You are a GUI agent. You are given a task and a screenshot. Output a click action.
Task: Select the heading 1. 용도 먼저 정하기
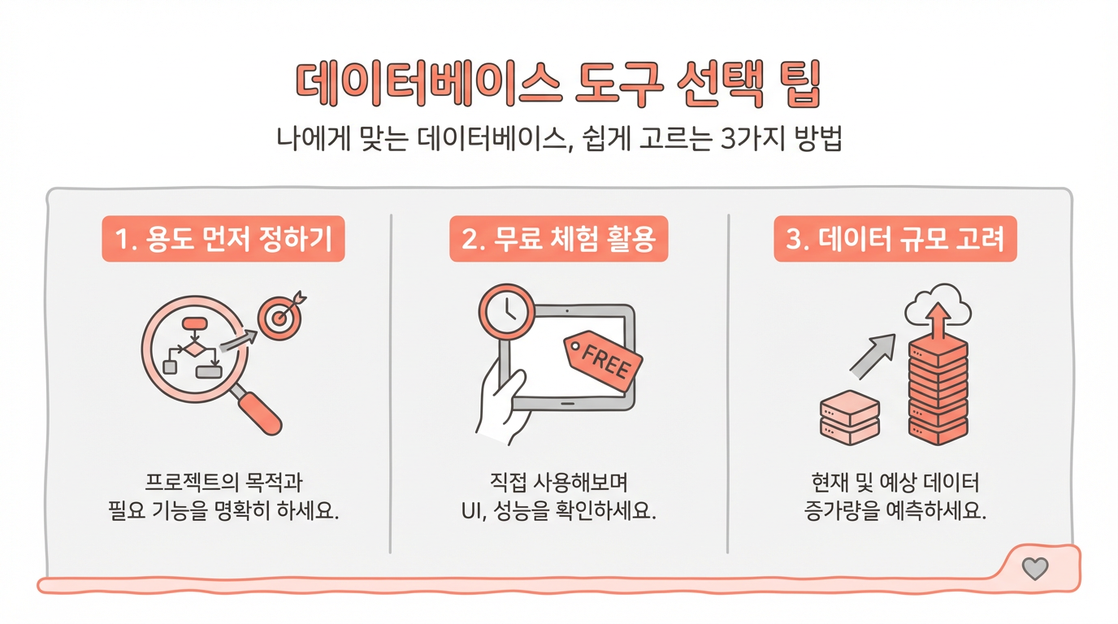[223, 239]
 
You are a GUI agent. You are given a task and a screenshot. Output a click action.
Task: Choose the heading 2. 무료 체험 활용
[558, 239]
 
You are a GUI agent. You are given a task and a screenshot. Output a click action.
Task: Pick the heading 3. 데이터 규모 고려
[895, 239]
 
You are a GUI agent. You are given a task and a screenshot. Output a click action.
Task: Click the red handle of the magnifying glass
[259, 413]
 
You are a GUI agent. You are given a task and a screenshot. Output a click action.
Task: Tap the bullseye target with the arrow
[281, 315]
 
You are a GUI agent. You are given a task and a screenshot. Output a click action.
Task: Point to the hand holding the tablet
[501, 405]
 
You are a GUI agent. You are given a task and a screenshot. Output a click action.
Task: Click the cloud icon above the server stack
[938, 305]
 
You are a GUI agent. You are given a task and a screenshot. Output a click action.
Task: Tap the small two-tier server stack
[850, 418]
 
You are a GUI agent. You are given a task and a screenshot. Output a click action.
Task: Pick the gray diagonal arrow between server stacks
[873, 357]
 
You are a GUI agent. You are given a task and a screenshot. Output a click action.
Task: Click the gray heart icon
[1035, 569]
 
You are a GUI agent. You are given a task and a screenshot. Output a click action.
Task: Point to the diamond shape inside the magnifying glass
[193, 349]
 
